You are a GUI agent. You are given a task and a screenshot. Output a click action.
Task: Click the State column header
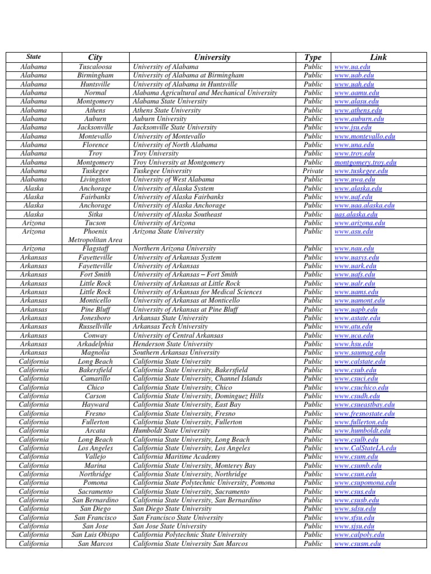[x=34, y=57]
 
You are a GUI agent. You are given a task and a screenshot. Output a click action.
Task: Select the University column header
[x=212, y=57]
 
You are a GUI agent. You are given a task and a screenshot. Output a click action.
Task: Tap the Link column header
[x=378, y=57]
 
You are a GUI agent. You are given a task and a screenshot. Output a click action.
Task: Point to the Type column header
[x=313, y=57]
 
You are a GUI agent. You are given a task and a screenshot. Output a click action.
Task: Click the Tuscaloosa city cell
[x=95, y=67]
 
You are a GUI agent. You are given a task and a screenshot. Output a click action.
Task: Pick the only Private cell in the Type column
[x=313, y=171]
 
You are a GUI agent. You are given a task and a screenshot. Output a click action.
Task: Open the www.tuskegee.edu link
[x=361, y=171]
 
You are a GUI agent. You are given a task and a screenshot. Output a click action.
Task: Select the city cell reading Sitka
[x=95, y=214]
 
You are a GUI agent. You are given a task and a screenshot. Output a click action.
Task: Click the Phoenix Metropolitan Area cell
[x=95, y=235]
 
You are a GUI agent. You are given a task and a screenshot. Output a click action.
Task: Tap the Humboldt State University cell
[x=171, y=430]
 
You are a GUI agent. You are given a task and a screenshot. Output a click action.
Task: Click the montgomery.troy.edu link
[x=365, y=163]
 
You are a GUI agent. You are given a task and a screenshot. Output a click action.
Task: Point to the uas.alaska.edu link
[x=356, y=214]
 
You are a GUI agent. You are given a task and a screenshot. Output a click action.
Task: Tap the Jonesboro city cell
[x=95, y=318]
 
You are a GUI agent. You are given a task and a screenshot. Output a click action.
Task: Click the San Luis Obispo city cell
[x=95, y=535]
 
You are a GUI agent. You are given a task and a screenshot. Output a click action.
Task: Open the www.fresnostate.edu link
[x=365, y=414]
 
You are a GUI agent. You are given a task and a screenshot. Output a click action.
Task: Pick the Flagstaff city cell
[x=95, y=248]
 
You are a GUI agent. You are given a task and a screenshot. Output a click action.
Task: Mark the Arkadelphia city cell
[x=95, y=344]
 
